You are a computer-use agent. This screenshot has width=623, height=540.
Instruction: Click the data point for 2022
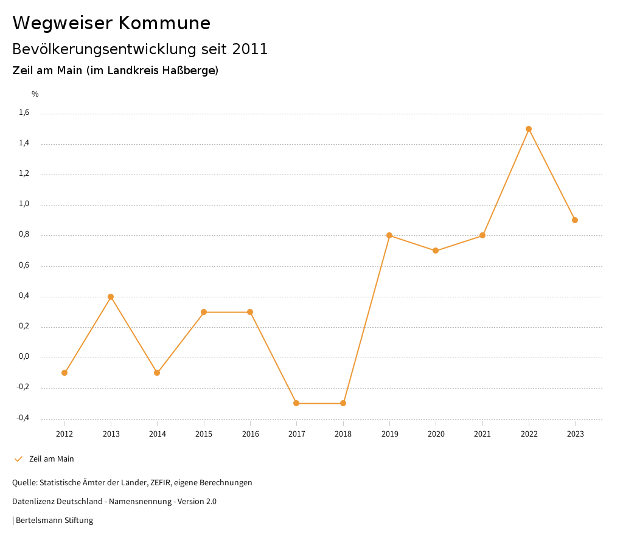[529, 129]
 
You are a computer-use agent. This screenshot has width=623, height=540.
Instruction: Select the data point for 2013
[111, 297]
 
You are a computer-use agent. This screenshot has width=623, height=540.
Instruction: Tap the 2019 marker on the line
[389, 235]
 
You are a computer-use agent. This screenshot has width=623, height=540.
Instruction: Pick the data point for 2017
[296, 403]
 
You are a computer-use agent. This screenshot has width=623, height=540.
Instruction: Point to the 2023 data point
[575, 220]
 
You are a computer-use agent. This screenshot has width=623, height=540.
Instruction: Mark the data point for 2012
[64, 373]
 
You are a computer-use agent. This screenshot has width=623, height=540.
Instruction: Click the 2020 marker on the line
[436, 251]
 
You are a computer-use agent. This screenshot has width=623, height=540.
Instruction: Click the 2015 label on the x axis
[204, 434]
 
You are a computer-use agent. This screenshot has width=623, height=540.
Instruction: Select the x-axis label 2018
[343, 434]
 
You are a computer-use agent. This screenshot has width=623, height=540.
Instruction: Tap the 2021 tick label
[482, 434]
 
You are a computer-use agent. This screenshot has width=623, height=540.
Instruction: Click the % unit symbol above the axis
[35, 94]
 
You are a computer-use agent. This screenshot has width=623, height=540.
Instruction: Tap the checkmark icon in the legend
[18, 459]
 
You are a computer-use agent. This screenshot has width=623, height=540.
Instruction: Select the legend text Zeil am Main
[52, 459]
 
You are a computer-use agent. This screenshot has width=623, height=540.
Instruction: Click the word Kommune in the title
[165, 23]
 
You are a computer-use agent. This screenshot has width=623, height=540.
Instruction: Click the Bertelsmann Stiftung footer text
[54, 521]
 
